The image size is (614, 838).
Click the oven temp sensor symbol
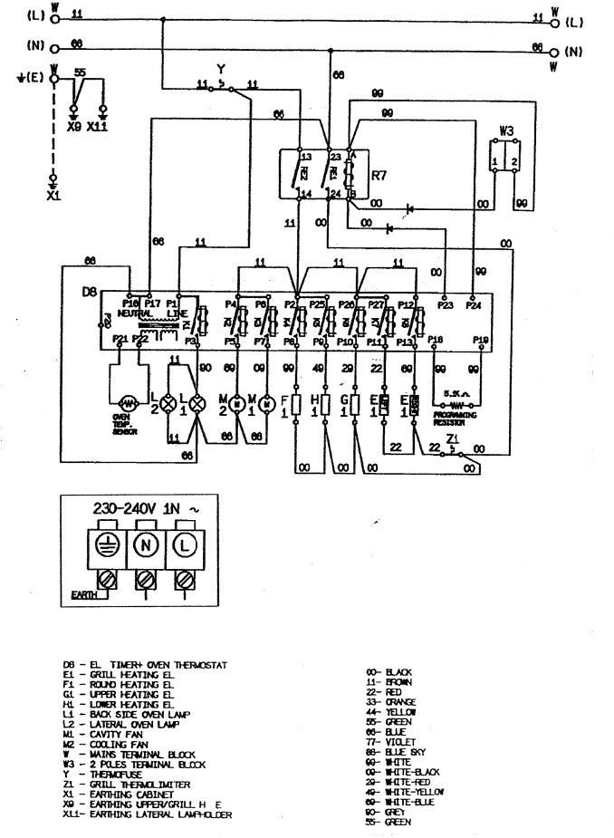coord(128,400)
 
